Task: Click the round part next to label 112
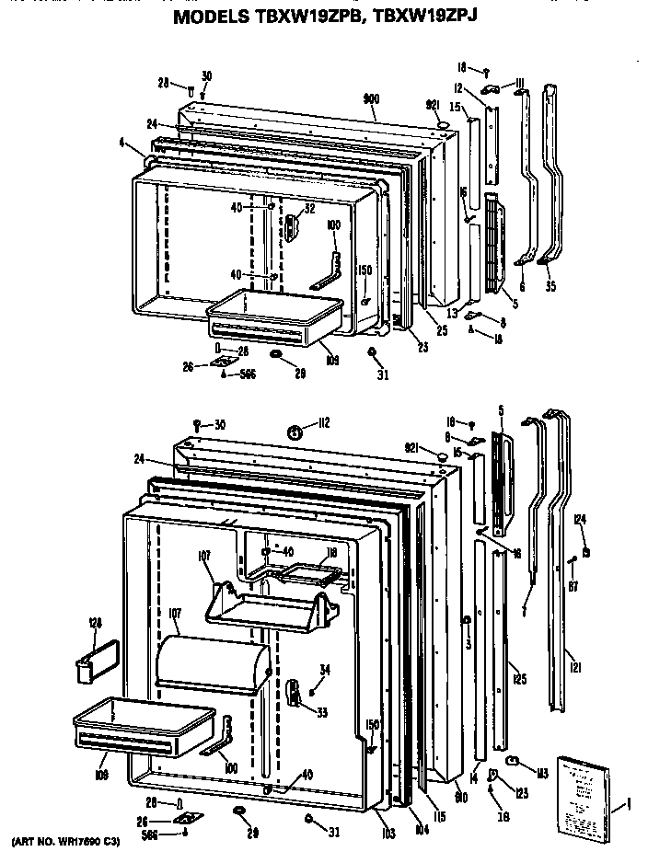click(296, 431)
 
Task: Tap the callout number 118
click(331, 555)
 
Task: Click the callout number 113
click(542, 772)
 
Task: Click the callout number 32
click(310, 209)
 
